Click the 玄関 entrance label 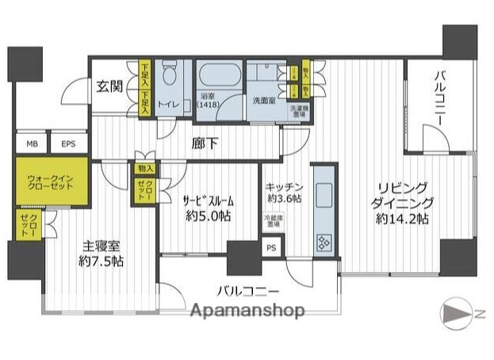(x=110, y=87)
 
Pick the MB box (x=32, y=144)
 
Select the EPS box (x=68, y=144)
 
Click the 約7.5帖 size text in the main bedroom (x=100, y=261)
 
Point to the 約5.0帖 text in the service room (x=209, y=216)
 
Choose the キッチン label (x=283, y=188)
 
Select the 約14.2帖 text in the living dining (x=402, y=218)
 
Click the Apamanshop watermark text (x=250, y=312)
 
